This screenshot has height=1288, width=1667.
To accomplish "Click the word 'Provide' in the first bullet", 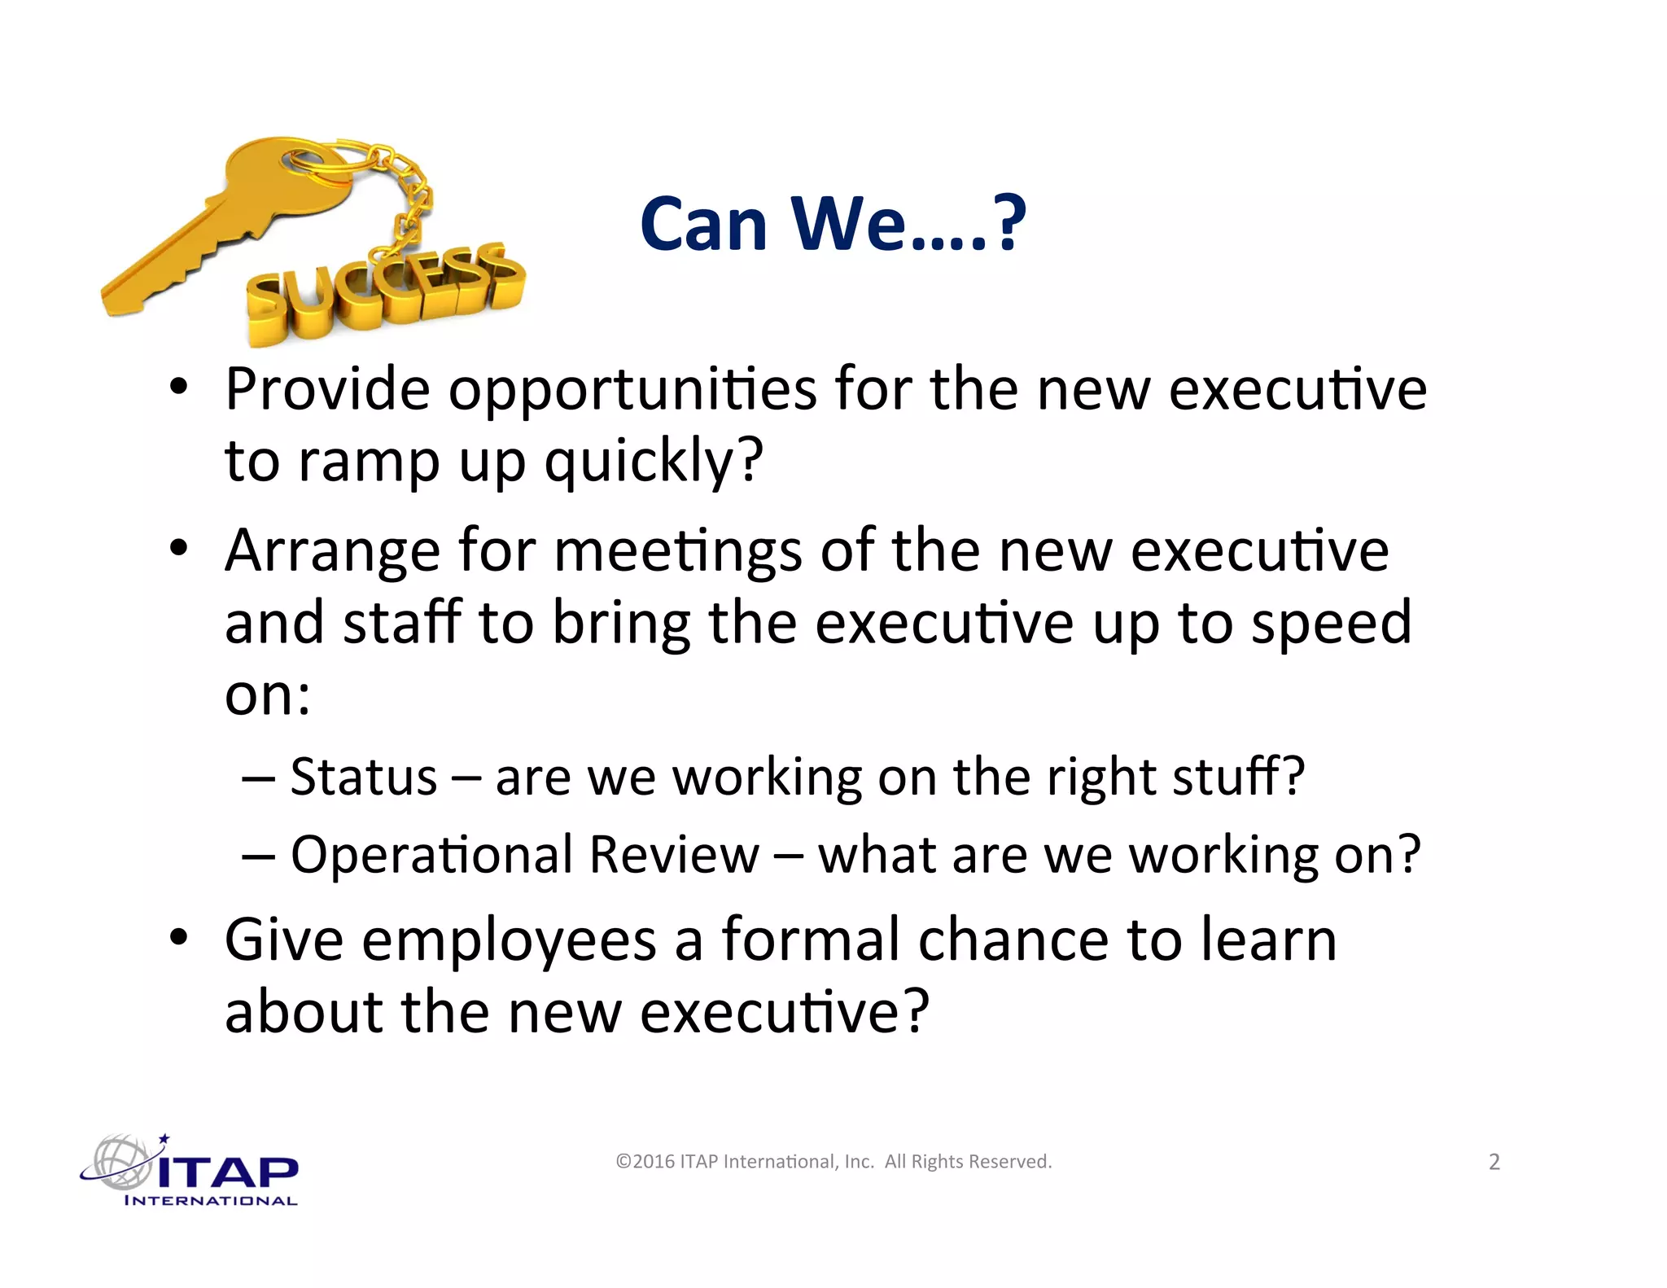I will click(x=326, y=389).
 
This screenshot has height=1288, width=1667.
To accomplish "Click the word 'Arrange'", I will click(x=333, y=552).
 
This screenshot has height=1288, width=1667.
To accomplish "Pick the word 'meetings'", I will click(x=678, y=552).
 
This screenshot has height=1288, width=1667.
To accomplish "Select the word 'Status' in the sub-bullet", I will click(x=364, y=777).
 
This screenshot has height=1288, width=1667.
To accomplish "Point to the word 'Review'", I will click(x=674, y=855).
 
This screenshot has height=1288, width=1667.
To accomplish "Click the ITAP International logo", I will click(x=191, y=1171).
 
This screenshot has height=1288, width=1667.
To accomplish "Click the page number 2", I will click(x=1494, y=1162).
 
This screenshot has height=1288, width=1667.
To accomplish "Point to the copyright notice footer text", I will click(x=833, y=1162).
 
